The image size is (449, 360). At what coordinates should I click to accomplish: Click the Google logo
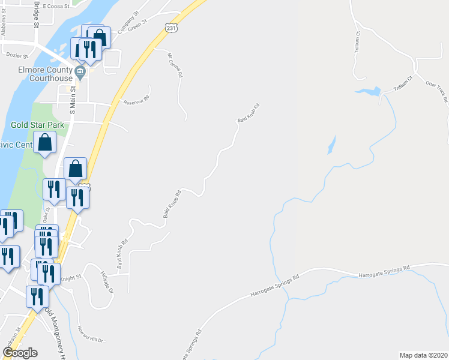click(x=20, y=353)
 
